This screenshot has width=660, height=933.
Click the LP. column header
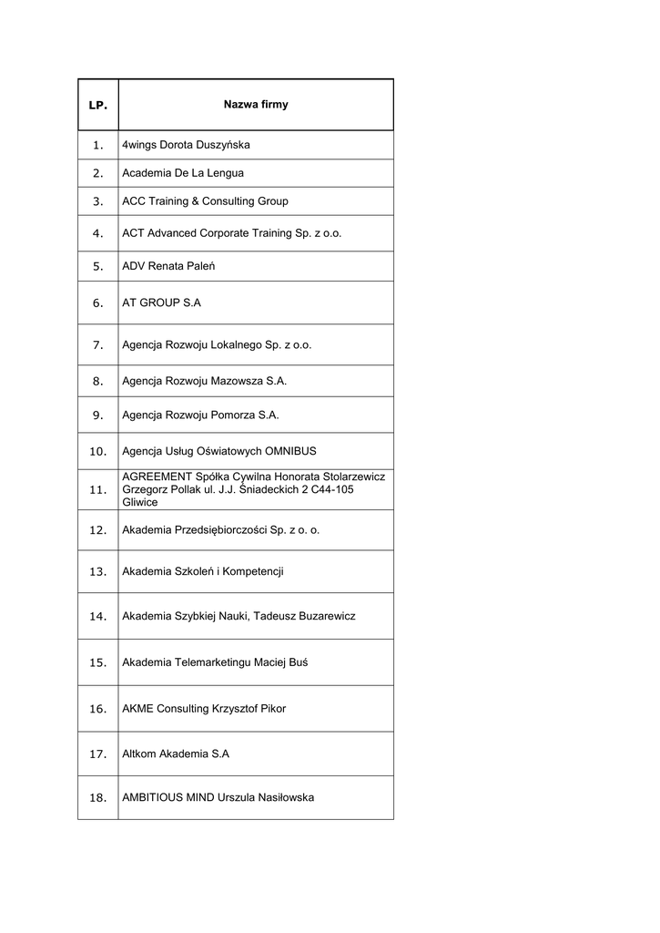tap(98, 106)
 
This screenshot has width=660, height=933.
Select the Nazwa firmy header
tap(256, 105)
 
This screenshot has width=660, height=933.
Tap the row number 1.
tap(98, 145)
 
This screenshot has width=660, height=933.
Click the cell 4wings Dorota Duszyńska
tap(186, 145)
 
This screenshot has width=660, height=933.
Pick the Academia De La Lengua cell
tap(183, 173)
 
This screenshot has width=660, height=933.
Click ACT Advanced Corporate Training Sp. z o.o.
tap(232, 233)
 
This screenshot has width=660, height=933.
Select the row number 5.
tap(98, 267)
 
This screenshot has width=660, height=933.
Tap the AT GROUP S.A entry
tap(161, 303)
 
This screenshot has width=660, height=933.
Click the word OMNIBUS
tap(290, 451)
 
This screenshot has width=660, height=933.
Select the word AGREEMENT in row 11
tap(157, 477)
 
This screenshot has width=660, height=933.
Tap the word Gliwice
tap(139, 502)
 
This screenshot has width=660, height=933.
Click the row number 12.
tap(98, 529)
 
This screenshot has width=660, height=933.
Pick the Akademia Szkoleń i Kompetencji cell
tap(203, 571)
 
